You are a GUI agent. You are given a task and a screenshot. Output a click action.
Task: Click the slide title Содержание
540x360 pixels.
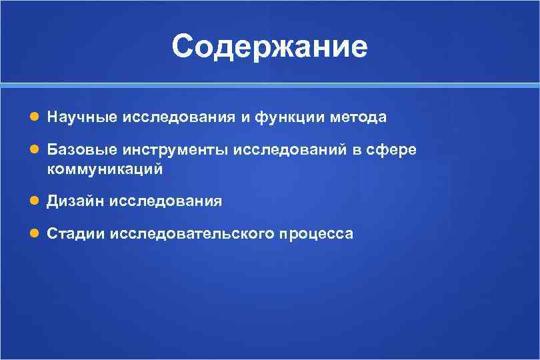(269, 47)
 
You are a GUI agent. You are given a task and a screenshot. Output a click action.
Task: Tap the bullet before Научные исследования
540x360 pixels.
(34, 117)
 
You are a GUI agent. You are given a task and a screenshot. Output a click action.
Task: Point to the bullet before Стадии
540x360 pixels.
(34, 234)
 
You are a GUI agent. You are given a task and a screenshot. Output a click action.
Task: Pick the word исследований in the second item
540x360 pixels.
(289, 151)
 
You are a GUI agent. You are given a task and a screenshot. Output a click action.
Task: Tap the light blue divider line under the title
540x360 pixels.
(269, 85)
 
